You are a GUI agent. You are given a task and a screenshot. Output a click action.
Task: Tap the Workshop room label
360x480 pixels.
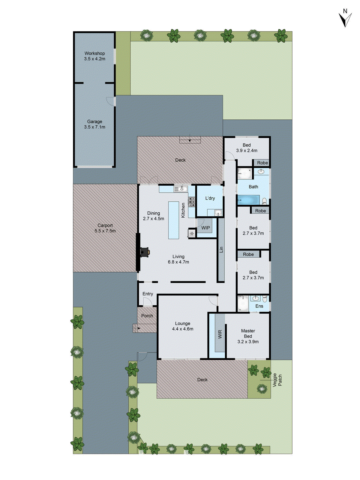[x=94, y=53]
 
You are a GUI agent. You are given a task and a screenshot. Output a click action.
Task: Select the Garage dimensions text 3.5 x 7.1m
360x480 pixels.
[x=94, y=127]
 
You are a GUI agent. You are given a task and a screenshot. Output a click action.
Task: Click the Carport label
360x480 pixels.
[x=105, y=225]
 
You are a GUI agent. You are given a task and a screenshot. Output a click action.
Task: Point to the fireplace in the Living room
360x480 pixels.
[x=144, y=252]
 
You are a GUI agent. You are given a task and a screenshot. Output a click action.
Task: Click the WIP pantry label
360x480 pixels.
[x=205, y=228]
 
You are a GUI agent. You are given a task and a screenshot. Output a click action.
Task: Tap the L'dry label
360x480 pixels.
[x=210, y=198]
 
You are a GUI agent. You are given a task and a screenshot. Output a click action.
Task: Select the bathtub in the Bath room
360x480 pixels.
[x=248, y=199]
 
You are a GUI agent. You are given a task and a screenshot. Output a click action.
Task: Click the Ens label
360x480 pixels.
[x=259, y=306]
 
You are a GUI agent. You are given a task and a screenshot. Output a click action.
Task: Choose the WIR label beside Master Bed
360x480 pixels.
[x=220, y=334]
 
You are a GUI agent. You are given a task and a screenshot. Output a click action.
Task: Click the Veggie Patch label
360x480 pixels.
[x=277, y=380]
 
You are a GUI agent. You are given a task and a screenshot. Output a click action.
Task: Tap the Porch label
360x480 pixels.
[x=147, y=316]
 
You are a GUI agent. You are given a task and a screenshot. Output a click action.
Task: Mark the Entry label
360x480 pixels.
[x=148, y=294]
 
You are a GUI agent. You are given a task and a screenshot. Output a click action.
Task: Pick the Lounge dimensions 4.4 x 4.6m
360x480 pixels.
[x=183, y=329]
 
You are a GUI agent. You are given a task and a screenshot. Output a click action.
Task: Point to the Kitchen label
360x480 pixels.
[x=183, y=210]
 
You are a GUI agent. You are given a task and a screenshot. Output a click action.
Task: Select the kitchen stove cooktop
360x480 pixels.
[x=192, y=202]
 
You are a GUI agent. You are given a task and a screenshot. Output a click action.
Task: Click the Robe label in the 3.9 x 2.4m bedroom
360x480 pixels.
[x=262, y=163]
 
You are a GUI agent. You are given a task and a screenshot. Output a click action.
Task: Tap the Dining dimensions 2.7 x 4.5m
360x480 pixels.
[x=154, y=219]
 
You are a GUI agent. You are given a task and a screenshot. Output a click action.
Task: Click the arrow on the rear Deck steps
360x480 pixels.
[x=190, y=140]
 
